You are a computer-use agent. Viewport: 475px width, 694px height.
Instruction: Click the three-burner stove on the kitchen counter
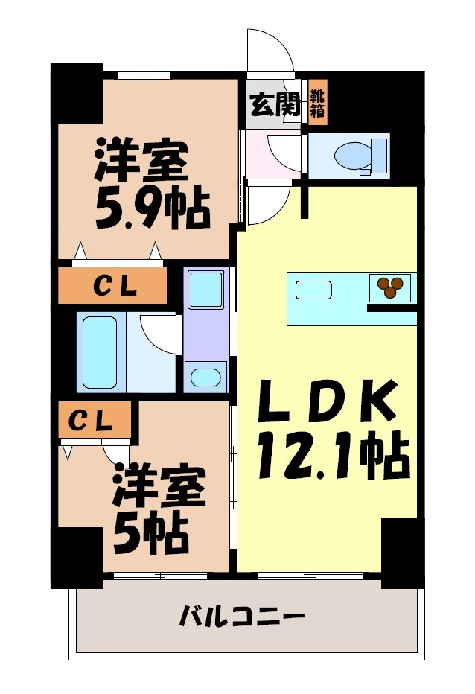click(x=391, y=287)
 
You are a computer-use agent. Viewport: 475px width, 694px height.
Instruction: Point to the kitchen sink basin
click(x=313, y=289)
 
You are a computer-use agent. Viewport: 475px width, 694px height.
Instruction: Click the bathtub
click(x=99, y=351)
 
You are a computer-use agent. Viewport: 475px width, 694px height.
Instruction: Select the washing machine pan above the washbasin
click(x=205, y=290)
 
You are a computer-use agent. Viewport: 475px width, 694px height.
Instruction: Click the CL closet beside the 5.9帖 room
click(x=112, y=286)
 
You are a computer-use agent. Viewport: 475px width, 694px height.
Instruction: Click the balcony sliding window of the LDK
click(x=310, y=575)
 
